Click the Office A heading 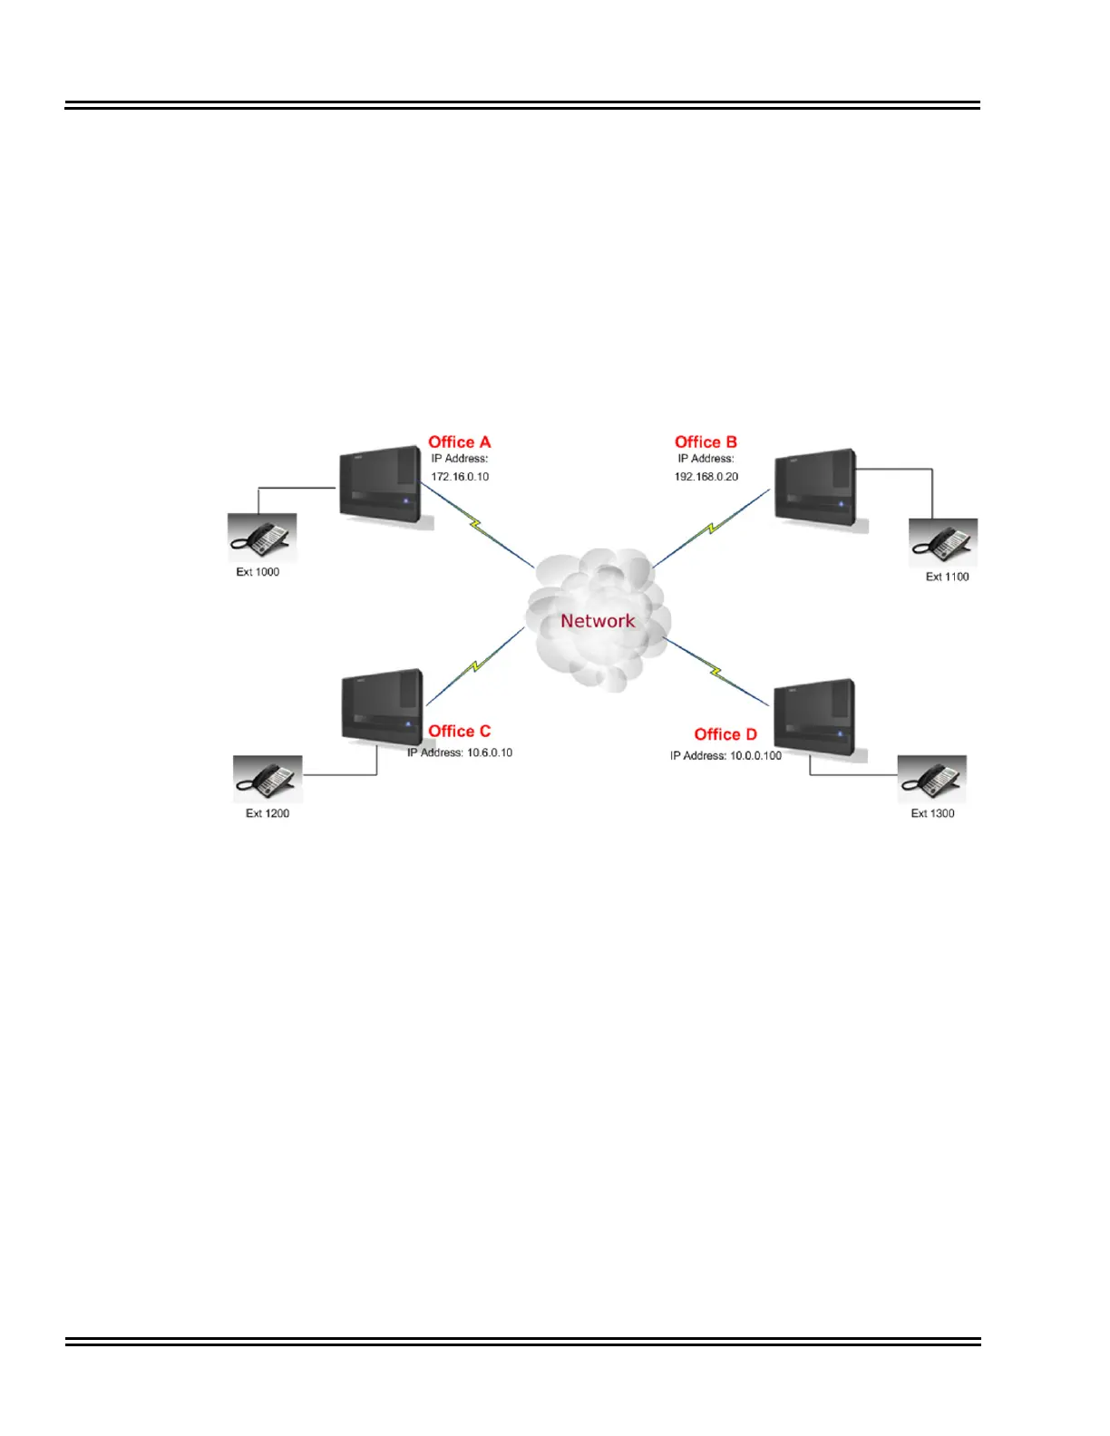(459, 442)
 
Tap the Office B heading (706, 442)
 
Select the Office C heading (459, 732)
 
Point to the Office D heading (725, 734)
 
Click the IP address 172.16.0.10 (460, 477)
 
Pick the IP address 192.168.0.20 (706, 477)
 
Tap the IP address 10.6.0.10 (490, 752)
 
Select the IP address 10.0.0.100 (755, 756)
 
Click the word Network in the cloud (598, 621)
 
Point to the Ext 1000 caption (258, 572)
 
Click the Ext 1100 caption (947, 577)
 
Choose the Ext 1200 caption (268, 813)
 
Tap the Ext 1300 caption (932, 813)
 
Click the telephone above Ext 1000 (261, 538)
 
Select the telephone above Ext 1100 (943, 542)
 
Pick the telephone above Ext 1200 (268, 779)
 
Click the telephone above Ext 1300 (932, 779)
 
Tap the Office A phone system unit (381, 484)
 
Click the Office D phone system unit (814, 718)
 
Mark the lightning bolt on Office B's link (712, 527)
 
